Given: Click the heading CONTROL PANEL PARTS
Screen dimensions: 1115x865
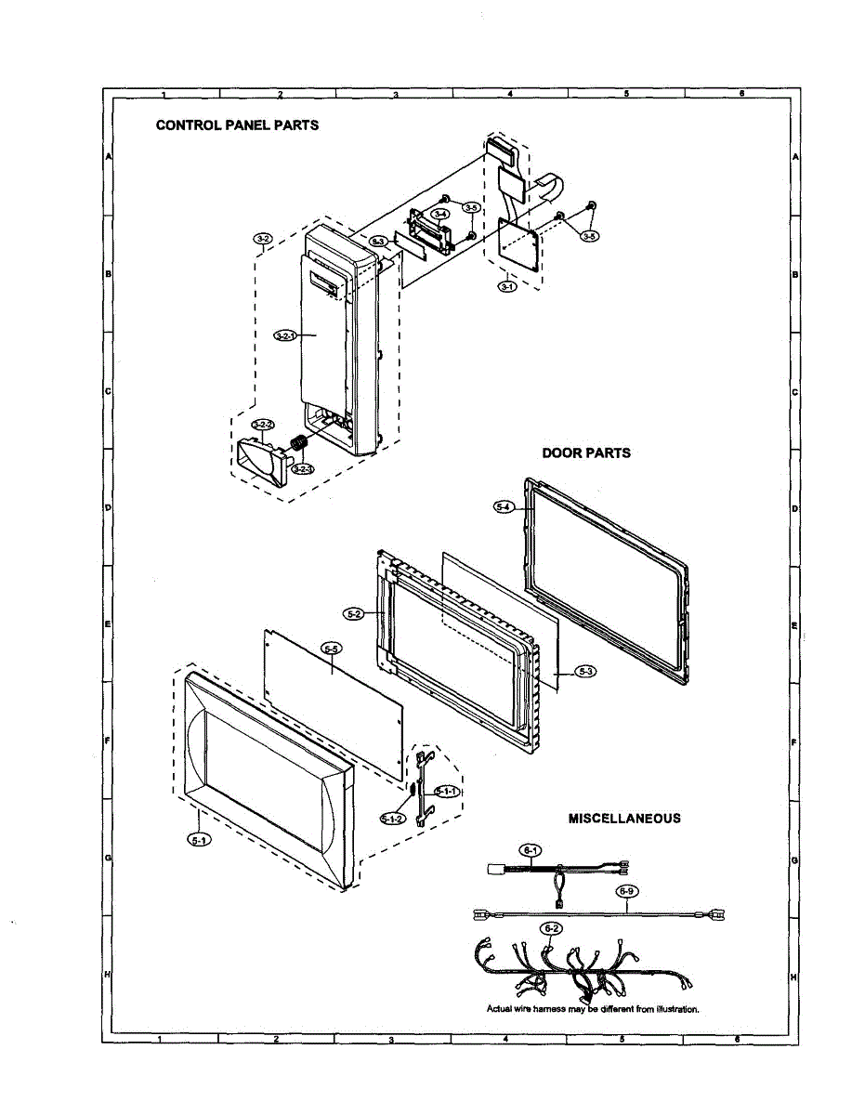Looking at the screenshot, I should point(237,125).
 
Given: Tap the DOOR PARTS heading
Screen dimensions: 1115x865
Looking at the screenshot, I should point(586,453).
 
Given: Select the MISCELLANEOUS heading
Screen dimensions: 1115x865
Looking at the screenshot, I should point(624,819).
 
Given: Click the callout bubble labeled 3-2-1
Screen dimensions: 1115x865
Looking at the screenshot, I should point(284,334).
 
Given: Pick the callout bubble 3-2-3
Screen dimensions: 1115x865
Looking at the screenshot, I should point(302,469).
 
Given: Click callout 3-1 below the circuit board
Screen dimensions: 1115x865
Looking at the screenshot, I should point(507,286).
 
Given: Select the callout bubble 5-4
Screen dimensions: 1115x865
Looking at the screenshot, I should point(504,506).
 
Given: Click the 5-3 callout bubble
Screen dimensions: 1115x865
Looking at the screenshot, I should point(584,671).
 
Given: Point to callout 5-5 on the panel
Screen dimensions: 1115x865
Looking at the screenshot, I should point(331,648).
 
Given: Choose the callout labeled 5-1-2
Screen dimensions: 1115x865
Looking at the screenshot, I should point(392,819).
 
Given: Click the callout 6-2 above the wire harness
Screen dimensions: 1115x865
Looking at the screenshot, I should point(551,928).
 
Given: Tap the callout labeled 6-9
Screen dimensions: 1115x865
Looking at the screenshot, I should point(628,890).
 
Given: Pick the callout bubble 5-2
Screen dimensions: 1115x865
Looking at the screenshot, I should point(353,614).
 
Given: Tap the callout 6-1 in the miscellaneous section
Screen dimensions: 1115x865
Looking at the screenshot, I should point(530,849).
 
